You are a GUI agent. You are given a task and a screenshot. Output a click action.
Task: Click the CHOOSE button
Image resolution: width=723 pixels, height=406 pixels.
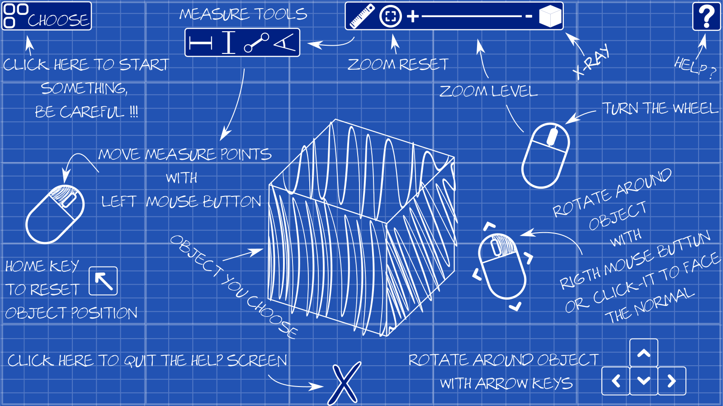click(47, 16)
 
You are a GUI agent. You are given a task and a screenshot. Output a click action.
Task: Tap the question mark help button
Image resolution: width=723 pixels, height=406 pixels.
click(706, 16)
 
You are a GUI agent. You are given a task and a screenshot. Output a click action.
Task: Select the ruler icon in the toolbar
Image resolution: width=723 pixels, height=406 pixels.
click(362, 16)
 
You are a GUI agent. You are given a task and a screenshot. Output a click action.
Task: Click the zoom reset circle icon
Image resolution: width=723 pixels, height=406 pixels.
click(390, 17)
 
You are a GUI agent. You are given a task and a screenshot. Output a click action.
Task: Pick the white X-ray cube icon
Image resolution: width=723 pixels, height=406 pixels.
click(550, 17)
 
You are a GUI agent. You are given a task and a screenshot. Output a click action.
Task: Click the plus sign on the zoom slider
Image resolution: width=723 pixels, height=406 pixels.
click(412, 17)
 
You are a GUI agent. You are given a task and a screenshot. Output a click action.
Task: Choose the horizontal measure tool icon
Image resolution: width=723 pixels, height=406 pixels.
click(201, 43)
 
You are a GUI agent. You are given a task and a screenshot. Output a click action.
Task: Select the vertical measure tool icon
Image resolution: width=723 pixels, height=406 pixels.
click(229, 43)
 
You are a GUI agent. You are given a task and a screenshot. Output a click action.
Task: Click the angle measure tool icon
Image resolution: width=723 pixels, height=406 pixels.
click(285, 43)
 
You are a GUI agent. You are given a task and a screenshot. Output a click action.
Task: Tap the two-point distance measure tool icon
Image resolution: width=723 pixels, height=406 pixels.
click(256, 43)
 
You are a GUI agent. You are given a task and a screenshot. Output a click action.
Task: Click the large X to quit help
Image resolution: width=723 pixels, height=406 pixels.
click(345, 384)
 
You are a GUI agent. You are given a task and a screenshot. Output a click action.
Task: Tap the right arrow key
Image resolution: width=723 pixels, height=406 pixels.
click(672, 381)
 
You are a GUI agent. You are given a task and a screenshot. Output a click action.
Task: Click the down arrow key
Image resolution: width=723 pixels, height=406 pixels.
click(644, 381)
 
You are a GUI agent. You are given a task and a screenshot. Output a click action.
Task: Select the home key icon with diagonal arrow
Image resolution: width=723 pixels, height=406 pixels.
click(104, 281)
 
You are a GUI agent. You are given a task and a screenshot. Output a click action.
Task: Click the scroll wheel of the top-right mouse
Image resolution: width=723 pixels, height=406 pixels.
click(552, 136)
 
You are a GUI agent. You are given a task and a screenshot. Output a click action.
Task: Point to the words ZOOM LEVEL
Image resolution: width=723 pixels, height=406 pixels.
click(489, 91)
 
